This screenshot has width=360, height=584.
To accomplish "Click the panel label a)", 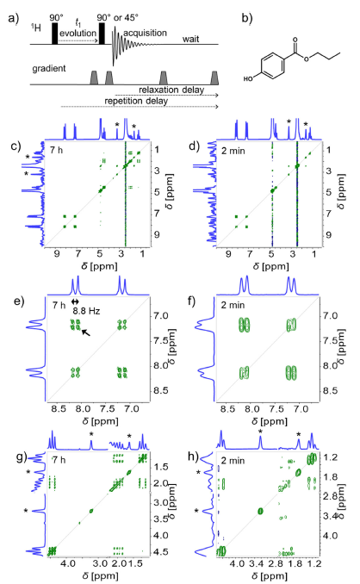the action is click(14, 17).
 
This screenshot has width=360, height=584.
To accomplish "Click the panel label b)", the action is click(247, 17).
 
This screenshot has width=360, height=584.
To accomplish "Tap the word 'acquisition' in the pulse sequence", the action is click(145, 33).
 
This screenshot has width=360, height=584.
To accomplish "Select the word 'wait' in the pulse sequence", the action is click(190, 39).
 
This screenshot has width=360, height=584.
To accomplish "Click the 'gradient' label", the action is click(49, 69).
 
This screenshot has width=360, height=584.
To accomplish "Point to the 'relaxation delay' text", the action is click(171, 90).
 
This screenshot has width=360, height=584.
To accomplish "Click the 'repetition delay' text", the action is click(136, 101).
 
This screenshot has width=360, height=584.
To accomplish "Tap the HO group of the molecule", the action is click(248, 78).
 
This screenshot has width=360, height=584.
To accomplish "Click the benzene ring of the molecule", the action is click(272, 66).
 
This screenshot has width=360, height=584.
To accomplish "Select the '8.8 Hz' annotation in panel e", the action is click(86, 311).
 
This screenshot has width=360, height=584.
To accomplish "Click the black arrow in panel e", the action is click(85, 332).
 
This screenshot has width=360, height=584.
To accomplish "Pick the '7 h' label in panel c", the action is click(56, 151).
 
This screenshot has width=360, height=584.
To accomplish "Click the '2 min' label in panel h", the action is click(233, 461).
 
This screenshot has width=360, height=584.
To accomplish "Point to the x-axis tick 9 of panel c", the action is click(57, 254).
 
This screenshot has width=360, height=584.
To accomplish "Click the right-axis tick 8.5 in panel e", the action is click(163, 391).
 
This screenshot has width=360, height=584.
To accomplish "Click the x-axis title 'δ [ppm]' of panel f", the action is click(270, 421).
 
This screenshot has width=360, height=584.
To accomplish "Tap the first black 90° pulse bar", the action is click(55, 34).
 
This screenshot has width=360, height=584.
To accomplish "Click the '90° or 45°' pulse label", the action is click(117, 17).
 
